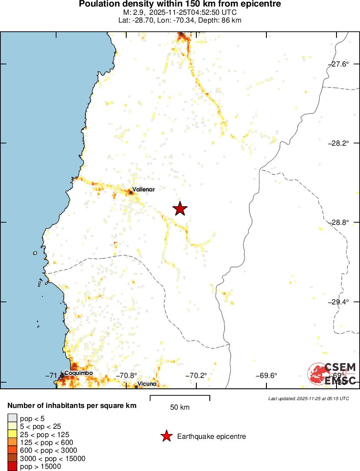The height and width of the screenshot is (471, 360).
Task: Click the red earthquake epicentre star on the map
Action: [180, 209]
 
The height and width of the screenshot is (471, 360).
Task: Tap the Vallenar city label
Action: [143, 189]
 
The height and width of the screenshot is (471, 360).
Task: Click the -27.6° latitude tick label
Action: [338, 64]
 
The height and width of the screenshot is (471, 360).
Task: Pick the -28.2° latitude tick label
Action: [338, 143]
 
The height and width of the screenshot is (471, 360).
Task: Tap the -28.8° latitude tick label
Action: [338, 222]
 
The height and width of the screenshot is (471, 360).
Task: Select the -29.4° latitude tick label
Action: [338, 302]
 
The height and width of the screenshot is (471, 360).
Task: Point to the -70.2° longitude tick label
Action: [197, 376]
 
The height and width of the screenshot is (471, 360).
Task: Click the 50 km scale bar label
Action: [180, 408]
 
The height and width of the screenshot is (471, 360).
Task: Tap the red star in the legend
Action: [166, 436]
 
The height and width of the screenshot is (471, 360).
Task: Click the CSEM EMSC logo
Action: [333, 374]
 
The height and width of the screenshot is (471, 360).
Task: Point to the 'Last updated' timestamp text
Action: [309, 398]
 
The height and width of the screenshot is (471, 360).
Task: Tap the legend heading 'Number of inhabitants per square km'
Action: [72, 406]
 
